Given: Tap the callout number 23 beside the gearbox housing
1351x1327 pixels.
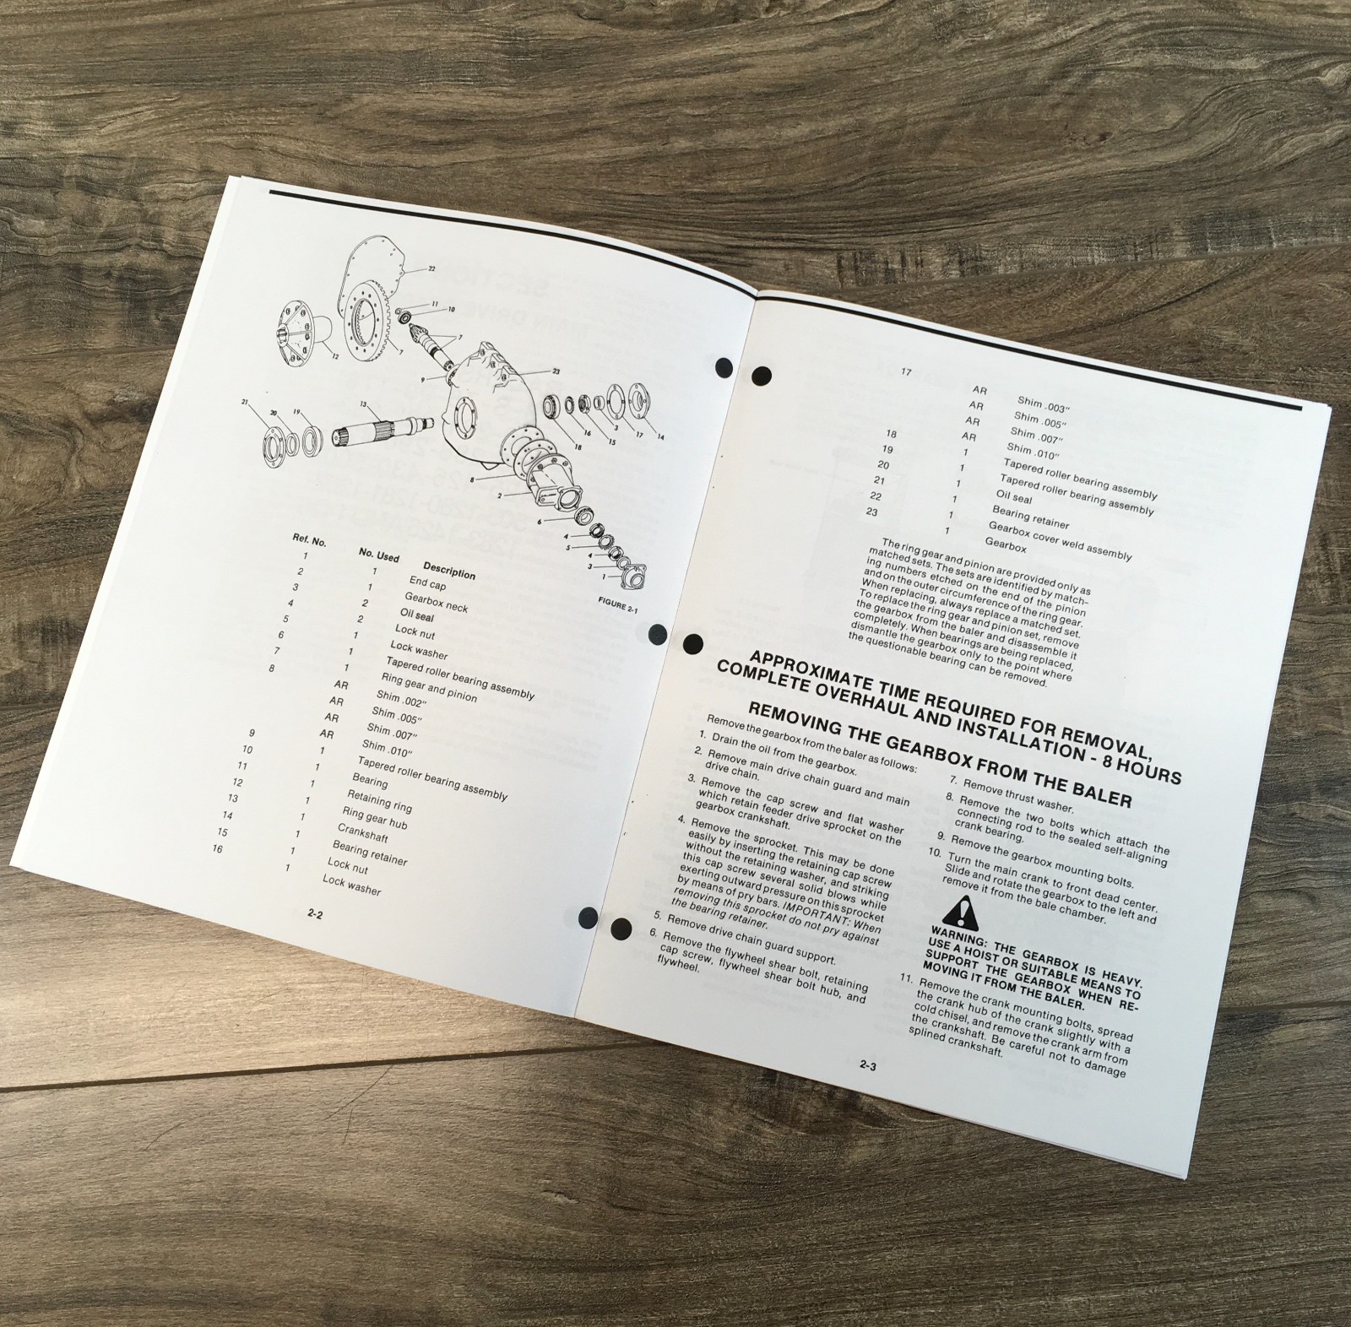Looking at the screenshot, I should [556, 371].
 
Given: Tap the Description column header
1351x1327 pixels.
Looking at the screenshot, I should [449, 571].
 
